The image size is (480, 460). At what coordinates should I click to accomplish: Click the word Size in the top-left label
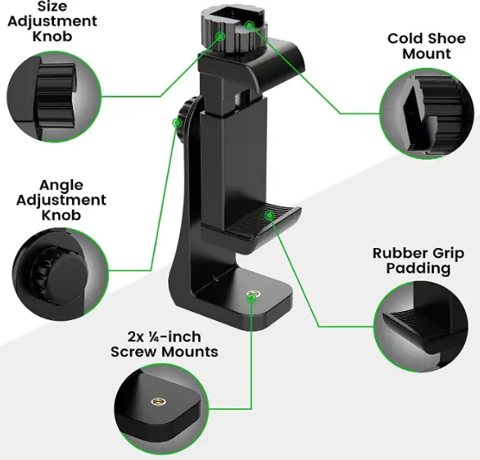[x=52, y=7]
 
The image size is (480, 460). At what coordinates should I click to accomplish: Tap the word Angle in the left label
[x=61, y=185]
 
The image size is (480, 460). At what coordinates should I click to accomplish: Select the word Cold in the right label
[x=405, y=38]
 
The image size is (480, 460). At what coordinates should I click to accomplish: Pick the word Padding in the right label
[x=419, y=268]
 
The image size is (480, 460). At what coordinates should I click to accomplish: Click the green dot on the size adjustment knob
[x=220, y=37]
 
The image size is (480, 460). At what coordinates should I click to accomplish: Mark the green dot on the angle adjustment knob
[x=175, y=123]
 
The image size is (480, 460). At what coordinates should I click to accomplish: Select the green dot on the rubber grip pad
[x=269, y=215]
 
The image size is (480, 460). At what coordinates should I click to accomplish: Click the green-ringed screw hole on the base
[x=251, y=294]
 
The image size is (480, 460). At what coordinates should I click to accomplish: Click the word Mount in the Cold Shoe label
[x=427, y=53]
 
